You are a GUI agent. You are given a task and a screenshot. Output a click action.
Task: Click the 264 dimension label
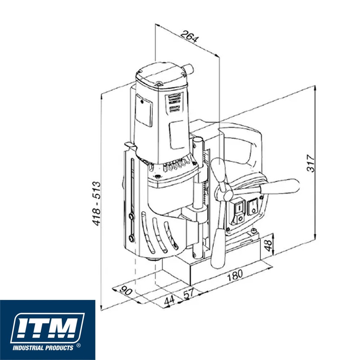click(x=189, y=36)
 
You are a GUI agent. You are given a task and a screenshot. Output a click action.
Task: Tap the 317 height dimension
click(x=311, y=163)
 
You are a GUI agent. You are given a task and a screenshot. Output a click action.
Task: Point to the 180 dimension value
click(x=234, y=275)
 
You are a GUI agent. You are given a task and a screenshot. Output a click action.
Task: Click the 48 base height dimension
click(x=268, y=245)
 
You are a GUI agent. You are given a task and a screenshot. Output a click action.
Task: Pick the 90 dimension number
click(x=126, y=291)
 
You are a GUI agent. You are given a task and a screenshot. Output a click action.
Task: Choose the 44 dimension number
click(x=170, y=301)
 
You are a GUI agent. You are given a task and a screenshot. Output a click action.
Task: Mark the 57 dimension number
click(x=189, y=294)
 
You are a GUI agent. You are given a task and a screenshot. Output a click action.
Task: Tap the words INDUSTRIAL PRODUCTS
click(x=43, y=348)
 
